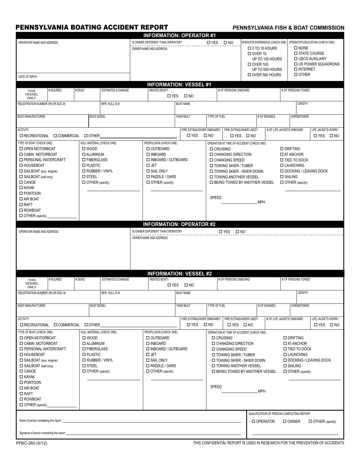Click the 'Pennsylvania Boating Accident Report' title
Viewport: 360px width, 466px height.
pyautogui.click(x=92, y=27)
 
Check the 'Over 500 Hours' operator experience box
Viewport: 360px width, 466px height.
pyautogui.click(x=250, y=75)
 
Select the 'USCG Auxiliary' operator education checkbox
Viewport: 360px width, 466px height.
pyautogui.click(x=296, y=59)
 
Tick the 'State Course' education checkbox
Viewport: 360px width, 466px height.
pyautogui.click(x=296, y=53)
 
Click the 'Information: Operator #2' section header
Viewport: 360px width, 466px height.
pyautogui.click(x=181, y=224)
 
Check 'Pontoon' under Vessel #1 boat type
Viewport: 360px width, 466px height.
pyautogui.click(x=21, y=194)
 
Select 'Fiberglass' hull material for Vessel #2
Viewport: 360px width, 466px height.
pyautogui.click(x=84, y=349)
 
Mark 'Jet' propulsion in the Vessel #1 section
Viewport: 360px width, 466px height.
pyautogui.click(x=148, y=166)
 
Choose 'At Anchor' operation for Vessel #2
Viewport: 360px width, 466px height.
pyautogui.click(x=285, y=344)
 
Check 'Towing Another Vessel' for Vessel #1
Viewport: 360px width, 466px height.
pyautogui.click(x=211, y=177)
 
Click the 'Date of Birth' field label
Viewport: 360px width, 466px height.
pyautogui.click(x=28, y=77)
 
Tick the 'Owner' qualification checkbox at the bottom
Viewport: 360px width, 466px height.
pyautogui.click(x=285, y=422)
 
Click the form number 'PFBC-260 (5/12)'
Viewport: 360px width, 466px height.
pyautogui.click(x=32, y=443)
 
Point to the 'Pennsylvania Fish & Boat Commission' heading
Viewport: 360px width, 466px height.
pyautogui.click(x=288, y=28)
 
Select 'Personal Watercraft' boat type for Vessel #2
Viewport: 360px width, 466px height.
pyautogui.click(x=22, y=349)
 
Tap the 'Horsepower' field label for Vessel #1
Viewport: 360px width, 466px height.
pyautogui.click(x=300, y=117)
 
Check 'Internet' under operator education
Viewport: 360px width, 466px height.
pyautogui.click(x=296, y=69)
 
